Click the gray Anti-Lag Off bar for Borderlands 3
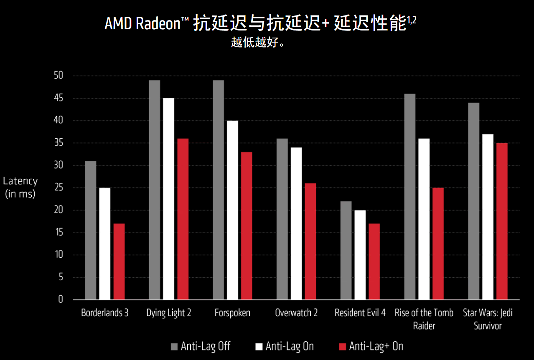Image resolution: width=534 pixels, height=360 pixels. pyautogui.click(x=90, y=230)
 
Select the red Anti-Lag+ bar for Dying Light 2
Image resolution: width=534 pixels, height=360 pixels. pyautogui.click(x=183, y=219)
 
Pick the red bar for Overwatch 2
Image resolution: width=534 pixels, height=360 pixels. pyautogui.click(x=310, y=241)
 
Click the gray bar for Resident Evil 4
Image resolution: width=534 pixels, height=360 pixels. pyautogui.click(x=346, y=250)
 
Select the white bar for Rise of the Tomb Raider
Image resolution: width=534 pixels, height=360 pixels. pyautogui.click(x=424, y=219)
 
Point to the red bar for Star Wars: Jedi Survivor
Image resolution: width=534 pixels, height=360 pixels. pyautogui.click(x=502, y=221)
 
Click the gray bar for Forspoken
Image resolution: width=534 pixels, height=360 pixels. pyautogui.click(x=218, y=190)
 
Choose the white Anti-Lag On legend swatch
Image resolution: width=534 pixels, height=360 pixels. pyautogui.click(x=259, y=347)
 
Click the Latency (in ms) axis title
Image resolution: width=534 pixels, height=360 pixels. pyautogui.click(x=20, y=188)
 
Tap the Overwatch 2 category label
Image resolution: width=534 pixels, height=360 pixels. pyautogui.click(x=296, y=313)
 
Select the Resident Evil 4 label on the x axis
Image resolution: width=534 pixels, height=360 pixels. pyautogui.click(x=360, y=313)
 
